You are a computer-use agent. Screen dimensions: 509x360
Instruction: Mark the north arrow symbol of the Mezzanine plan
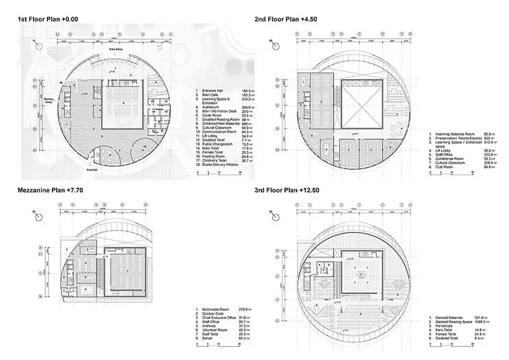pos(37,215)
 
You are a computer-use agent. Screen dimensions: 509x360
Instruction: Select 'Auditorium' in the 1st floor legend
pos(215,106)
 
